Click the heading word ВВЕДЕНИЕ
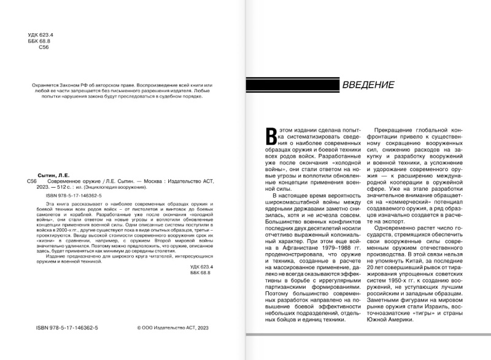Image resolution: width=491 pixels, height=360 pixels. pyautogui.click(x=368, y=85)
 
